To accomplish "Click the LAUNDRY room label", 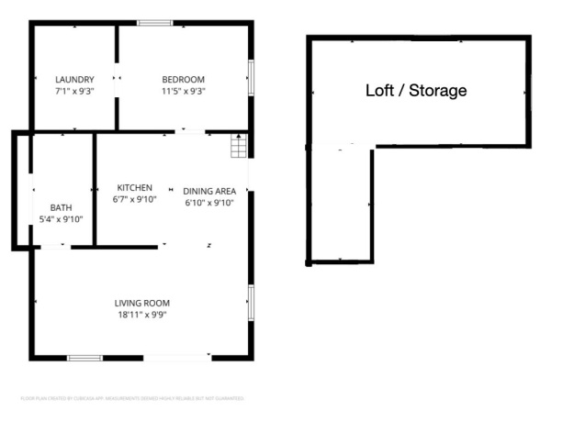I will click(74, 79).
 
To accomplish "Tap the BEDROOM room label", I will click(184, 79).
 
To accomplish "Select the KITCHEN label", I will click(134, 187).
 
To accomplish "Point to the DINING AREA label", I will click(209, 191).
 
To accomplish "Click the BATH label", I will click(61, 207).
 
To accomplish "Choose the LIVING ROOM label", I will click(141, 303).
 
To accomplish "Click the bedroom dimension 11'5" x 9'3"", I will click(184, 91).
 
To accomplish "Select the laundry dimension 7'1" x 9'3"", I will click(74, 91).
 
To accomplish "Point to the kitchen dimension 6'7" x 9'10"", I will click(135, 199).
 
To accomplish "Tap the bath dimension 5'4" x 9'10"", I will click(61, 219).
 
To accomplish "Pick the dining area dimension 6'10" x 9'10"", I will click(209, 203).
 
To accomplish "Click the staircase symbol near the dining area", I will click(239, 145).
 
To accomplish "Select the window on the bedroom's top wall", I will click(154, 22).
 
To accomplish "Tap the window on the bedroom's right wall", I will click(250, 78).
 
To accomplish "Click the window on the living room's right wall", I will click(250, 302).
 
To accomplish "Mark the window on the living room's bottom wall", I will click(84, 357).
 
